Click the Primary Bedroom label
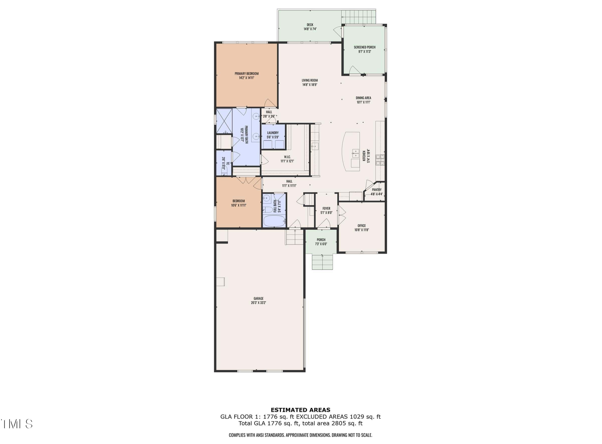[246, 73]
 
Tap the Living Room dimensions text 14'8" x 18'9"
[310, 85]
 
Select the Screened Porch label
[364, 47]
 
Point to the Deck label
[310, 25]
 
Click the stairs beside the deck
[358, 17]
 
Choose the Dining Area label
[363, 98]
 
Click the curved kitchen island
[351, 151]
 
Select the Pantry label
[376, 190]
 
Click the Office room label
[361, 226]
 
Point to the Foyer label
[326, 208]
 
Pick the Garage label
[259, 298]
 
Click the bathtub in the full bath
[274, 221]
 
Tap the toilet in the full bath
[267, 209]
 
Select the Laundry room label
[273, 133]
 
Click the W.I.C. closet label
[287, 157]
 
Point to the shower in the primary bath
[224, 121]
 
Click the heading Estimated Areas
[300, 410]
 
